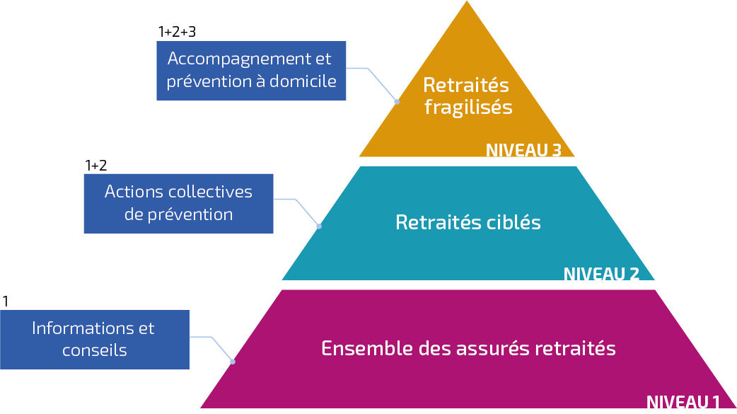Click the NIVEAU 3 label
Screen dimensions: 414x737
coord(523,150)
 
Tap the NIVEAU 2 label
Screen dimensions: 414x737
coord(601,274)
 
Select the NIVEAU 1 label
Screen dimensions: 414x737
coord(683,403)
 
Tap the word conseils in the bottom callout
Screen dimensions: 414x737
coord(94,350)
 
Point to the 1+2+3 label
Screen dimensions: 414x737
coord(176,32)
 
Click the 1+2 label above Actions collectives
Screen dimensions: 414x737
coord(95,166)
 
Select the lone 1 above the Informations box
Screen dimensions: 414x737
coord(6,301)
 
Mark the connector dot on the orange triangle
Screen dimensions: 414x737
coord(396,102)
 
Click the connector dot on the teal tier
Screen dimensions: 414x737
coord(319,226)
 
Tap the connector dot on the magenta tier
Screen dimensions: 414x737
coord(233,362)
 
